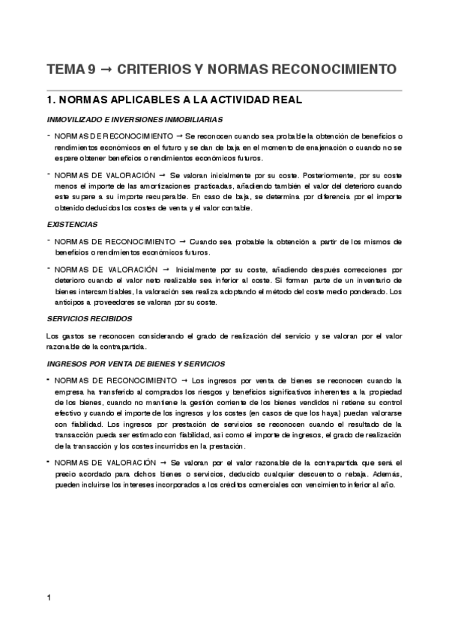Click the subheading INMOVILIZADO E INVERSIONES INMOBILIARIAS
tap(135, 119)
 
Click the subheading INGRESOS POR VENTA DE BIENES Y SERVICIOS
tap(136, 363)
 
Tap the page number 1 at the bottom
tap(49, 597)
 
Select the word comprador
tap(152, 392)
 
